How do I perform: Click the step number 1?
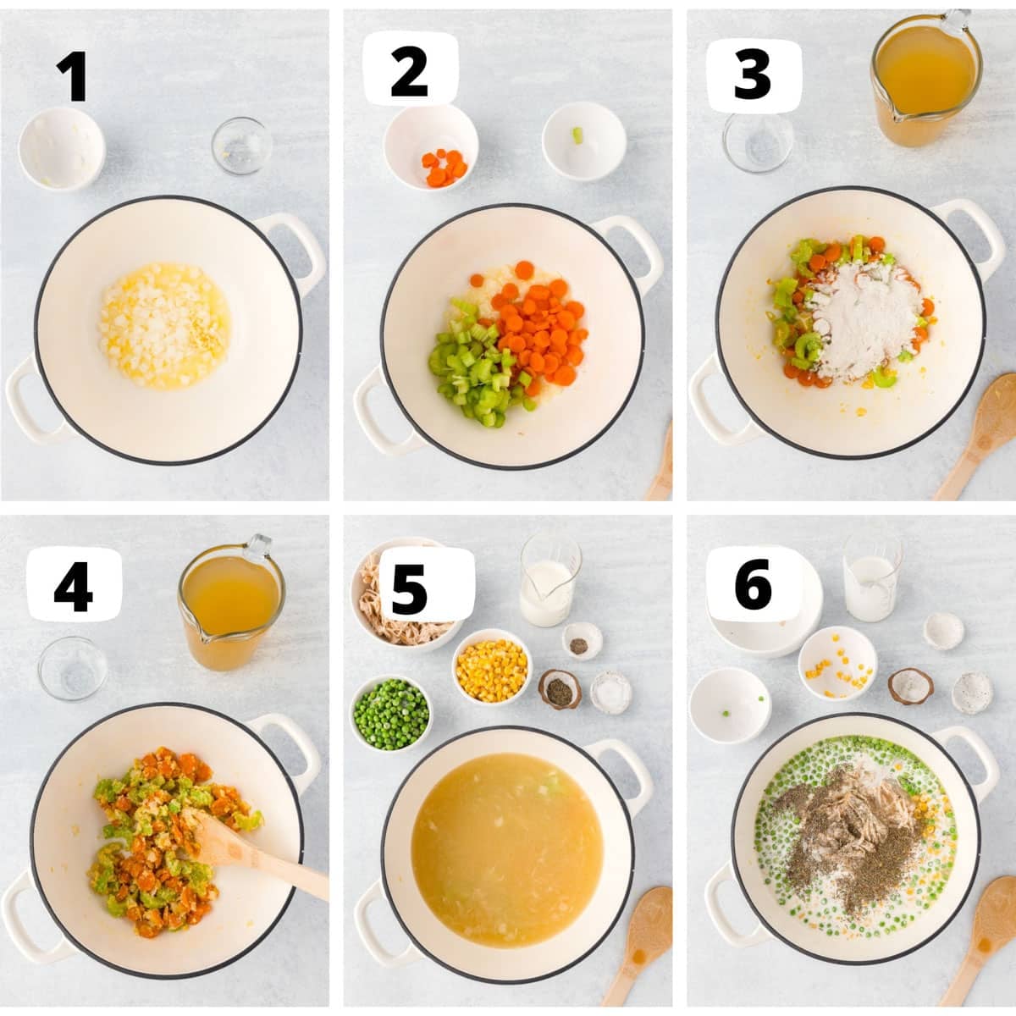(x=74, y=76)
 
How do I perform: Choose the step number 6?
(x=753, y=584)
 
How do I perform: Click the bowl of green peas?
(x=390, y=714)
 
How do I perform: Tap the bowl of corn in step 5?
(x=491, y=665)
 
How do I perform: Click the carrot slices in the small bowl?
(x=444, y=168)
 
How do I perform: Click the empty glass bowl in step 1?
(x=241, y=146)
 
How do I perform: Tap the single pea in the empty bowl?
(x=726, y=714)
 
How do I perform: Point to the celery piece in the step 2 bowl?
(x=577, y=134)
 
